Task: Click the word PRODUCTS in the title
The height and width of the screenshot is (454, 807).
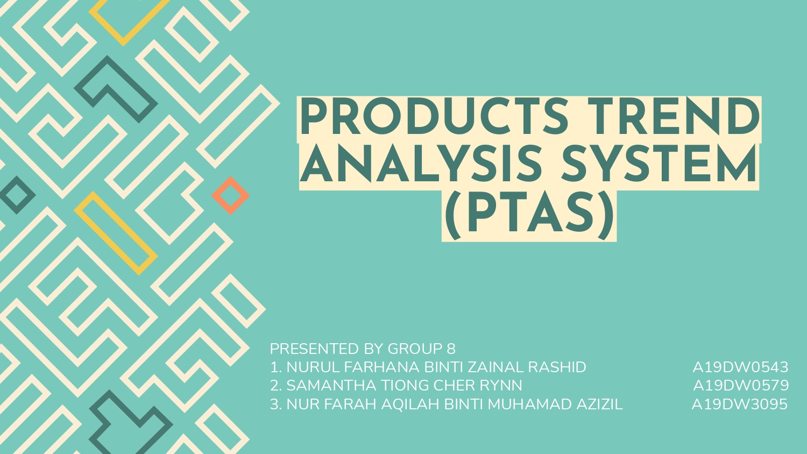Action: [434, 118]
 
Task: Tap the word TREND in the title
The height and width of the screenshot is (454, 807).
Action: [673, 118]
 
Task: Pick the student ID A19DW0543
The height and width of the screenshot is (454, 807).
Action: [740, 367]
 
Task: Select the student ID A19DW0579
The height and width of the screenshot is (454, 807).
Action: [741, 386]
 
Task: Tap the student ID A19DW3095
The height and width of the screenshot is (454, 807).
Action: [739, 405]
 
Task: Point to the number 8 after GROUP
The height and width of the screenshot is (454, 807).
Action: [451, 349]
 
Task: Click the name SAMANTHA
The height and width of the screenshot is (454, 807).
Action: [331, 386]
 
